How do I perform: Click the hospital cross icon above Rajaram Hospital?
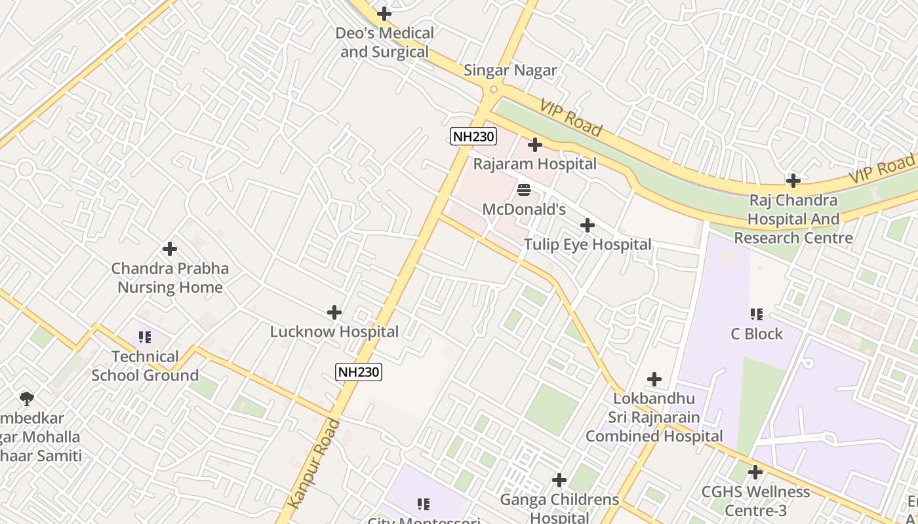[535, 144]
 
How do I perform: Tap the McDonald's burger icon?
[524, 190]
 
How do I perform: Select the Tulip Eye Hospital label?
[588, 244]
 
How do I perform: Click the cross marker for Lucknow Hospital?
[334, 312]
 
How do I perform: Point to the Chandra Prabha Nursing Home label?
[170, 278]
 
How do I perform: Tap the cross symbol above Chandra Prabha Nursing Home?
[170, 249]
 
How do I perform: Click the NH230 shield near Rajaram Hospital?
[473, 136]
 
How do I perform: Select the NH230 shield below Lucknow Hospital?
[359, 372]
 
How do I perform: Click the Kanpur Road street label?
[315, 463]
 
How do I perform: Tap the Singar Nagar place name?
[510, 70]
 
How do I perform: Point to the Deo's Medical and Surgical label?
[384, 42]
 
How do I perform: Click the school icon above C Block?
[757, 314]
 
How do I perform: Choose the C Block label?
[757, 334]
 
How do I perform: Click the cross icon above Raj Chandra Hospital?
[793, 180]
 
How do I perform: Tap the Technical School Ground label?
[145, 366]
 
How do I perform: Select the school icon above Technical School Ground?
[145, 337]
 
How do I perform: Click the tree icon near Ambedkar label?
[27, 398]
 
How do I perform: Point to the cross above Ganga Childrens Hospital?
[559, 480]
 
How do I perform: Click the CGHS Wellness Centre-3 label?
[755, 500]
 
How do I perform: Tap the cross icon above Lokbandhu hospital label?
[654, 379]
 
